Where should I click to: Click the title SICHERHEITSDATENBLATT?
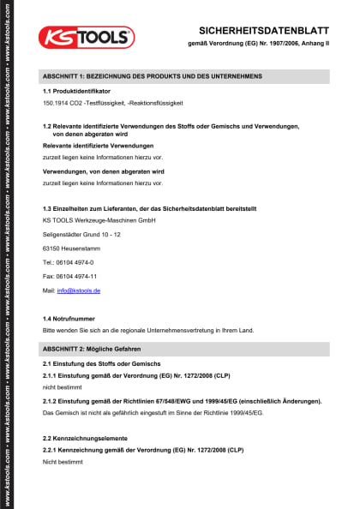pos(264,27)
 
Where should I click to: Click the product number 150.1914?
pos(56,103)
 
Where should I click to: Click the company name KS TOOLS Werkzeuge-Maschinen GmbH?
pos(99,221)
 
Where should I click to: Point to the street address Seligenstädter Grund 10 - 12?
pos(81,234)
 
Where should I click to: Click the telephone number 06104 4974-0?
pos(75,262)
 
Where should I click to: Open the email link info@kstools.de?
pos(79,291)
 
